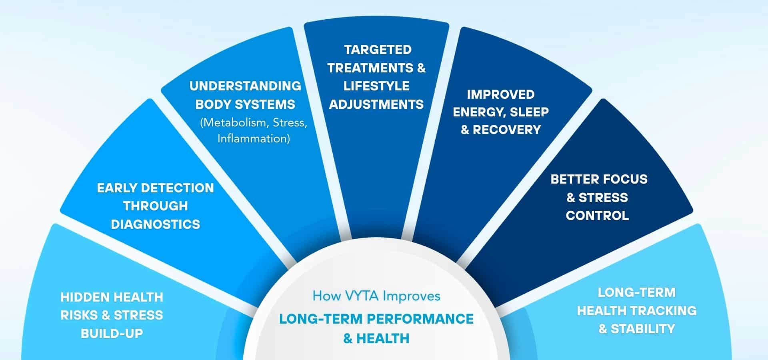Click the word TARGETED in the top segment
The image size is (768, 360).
coord(378,50)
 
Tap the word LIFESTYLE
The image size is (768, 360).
coord(376,86)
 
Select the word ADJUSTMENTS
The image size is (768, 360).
coord(376,104)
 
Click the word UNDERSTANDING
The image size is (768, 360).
coord(245,86)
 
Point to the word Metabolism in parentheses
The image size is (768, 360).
coord(236,122)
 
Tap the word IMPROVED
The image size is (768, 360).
coord(500,94)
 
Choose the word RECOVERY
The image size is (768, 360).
coord(507,130)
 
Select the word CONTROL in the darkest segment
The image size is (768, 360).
coord(597,216)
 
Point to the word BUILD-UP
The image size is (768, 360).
coord(112,333)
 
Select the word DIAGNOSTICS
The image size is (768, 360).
coord(155,224)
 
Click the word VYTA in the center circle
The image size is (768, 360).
coord(362,296)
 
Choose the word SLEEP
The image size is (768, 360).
coord(529,112)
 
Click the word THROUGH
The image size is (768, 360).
coord(155,206)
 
